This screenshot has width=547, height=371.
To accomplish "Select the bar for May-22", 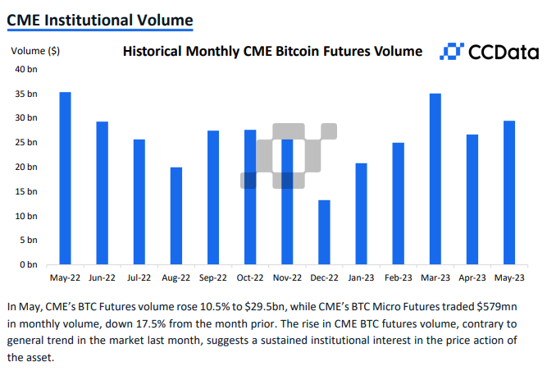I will (x=65, y=178).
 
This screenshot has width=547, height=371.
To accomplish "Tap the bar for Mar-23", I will (x=435, y=179).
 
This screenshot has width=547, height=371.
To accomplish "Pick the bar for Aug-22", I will (x=176, y=216).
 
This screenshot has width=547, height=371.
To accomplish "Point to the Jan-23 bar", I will (x=361, y=214).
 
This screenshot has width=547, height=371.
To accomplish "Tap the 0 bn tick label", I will (x=29, y=265).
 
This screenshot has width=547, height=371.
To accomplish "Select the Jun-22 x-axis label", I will (x=102, y=278).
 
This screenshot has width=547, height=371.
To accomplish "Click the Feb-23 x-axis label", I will (x=398, y=278).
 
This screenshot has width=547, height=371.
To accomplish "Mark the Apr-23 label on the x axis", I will (x=472, y=278).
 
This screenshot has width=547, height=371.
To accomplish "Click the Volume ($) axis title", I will (x=34, y=51).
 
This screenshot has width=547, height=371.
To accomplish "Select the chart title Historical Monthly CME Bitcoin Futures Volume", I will (x=272, y=52).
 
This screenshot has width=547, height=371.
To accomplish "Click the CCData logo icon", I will (x=450, y=52).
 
